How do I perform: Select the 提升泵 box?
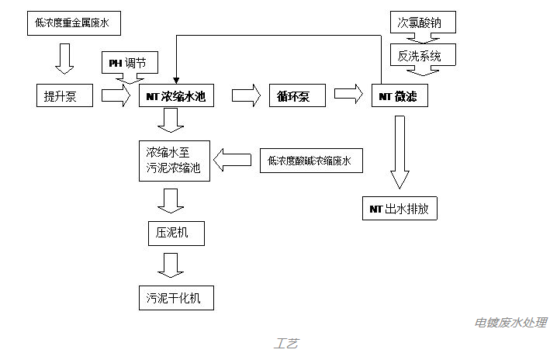64,95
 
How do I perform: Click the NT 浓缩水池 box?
175,95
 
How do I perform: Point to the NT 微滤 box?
400,95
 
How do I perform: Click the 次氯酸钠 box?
422,22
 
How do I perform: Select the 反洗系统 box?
422,55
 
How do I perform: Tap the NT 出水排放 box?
400,209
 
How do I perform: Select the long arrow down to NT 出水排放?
399,151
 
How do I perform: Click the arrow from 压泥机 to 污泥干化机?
171,265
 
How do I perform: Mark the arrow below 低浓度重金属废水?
64,55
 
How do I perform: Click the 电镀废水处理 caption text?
511,323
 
